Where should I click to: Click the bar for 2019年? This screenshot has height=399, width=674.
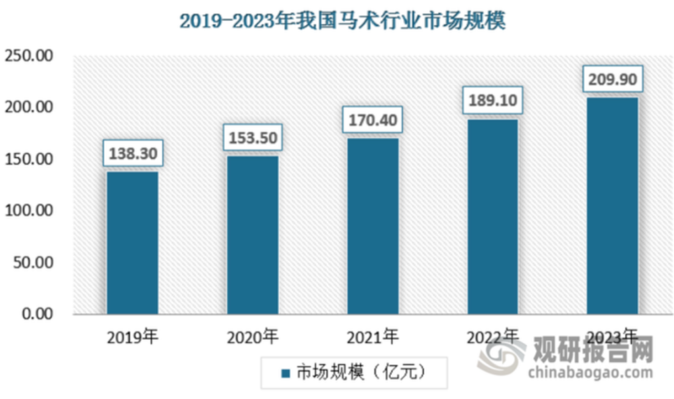[x=132, y=243]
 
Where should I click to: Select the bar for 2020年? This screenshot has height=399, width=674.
[x=252, y=235]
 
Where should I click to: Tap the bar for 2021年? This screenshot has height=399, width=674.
[x=373, y=226]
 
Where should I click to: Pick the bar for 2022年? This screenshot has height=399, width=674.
[x=493, y=216]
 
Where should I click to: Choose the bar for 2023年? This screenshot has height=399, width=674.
[x=612, y=206]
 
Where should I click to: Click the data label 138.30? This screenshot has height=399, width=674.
[x=132, y=154]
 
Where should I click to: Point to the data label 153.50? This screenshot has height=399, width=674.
[x=252, y=137]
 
